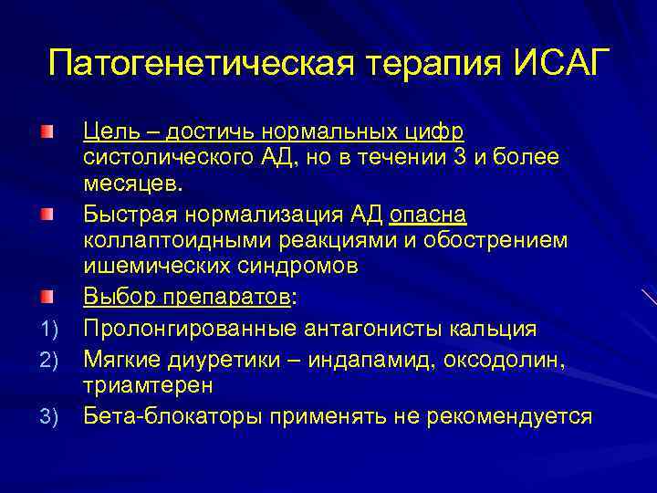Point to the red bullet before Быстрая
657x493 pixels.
click(46, 216)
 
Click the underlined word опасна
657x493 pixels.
click(427, 215)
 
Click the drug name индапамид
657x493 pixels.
click(382, 357)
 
